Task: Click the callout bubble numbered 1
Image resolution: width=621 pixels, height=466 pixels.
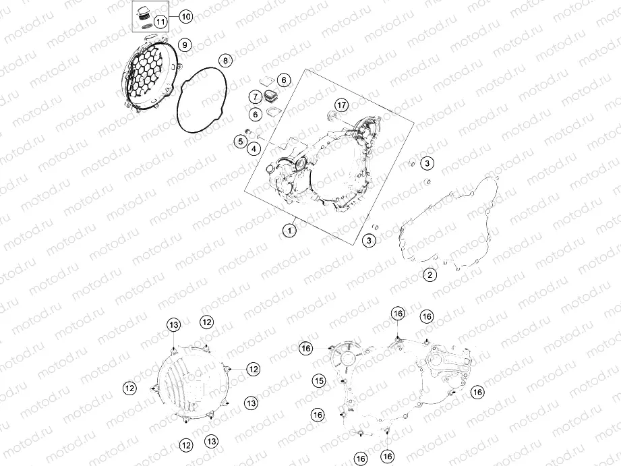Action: coord(289,230)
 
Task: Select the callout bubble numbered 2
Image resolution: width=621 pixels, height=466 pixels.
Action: coord(430,274)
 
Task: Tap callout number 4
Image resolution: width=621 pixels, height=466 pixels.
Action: coord(254,148)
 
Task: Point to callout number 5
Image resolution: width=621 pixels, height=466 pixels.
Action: coord(241,141)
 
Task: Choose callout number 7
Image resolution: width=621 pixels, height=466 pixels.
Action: coord(256,96)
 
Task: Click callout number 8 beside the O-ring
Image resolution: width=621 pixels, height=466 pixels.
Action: coord(225,61)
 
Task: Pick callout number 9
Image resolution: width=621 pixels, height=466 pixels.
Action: coord(185,45)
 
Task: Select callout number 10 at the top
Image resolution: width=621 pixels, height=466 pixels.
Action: coord(185,17)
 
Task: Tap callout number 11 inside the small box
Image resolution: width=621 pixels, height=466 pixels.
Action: coord(160,22)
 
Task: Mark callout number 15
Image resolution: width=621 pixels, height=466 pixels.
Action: coord(319,381)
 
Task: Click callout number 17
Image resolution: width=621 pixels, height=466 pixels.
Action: coord(341,105)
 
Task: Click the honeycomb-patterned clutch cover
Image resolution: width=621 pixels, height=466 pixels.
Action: coord(149,73)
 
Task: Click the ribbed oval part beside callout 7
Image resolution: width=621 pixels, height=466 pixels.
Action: coord(271,96)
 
